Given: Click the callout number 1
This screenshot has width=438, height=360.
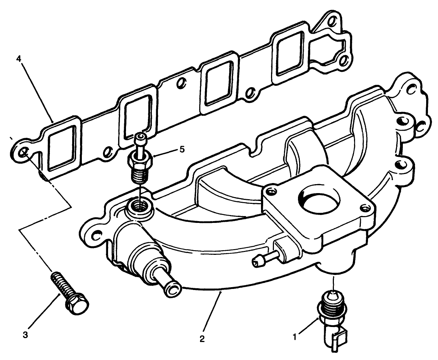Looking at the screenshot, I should tap(295, 337).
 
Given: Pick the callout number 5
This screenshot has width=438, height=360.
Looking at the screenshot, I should tap(182, 149).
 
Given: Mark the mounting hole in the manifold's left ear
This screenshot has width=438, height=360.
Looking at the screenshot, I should tap(95, 236).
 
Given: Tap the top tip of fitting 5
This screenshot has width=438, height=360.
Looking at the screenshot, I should tap(140, 137).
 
